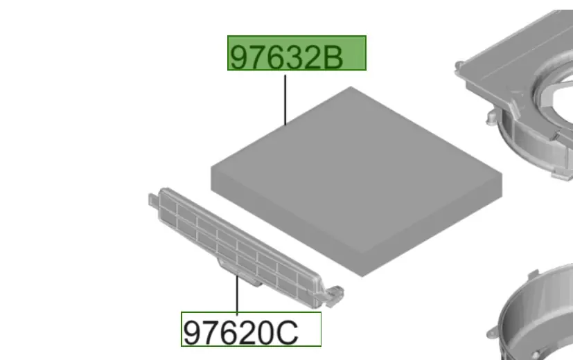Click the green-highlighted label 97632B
click(297, 53)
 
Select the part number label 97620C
click(251, 329)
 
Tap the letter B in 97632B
click(331, 57)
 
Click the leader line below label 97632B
click(285, 100)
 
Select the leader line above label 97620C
click(237, 295)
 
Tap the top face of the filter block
click(356, 168)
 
